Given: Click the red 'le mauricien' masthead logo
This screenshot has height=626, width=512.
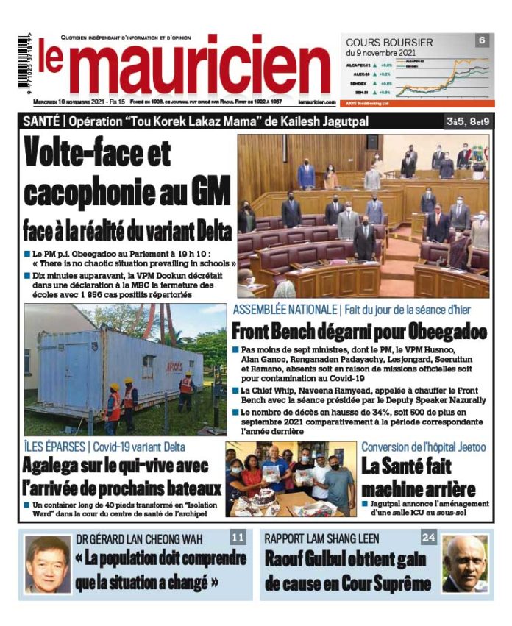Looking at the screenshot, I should coord(184,66).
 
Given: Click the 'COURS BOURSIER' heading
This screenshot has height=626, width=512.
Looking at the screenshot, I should coord(389,43).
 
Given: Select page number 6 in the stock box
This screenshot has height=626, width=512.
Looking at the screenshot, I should coord(482,40).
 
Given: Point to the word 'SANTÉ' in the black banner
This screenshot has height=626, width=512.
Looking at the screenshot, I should coord(43,120).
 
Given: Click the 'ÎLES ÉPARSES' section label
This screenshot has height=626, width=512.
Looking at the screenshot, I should coord(55,446).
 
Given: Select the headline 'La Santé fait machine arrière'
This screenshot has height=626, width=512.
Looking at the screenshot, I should coord(417,477).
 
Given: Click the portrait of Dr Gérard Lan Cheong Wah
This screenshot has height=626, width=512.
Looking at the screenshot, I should coord(48,564).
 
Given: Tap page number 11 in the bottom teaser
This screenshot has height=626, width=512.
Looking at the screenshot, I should coord(238,538).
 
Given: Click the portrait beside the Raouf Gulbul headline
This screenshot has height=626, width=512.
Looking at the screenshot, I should coord(465,564).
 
